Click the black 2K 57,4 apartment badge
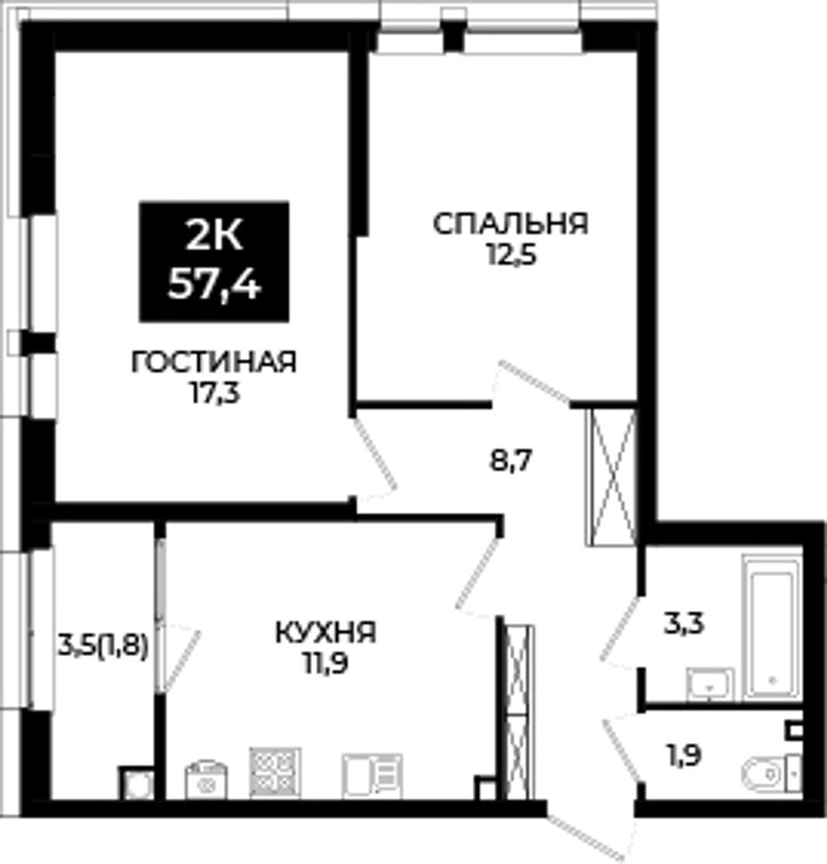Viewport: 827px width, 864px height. click(214, 261)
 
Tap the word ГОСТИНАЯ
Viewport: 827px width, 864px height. click(214, 363)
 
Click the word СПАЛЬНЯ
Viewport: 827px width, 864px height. click(510, 224)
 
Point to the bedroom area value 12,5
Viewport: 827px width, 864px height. click(510, 256)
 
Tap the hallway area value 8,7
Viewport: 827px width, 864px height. click(510, 460)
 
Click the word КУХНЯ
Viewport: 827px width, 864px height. click(326, 633)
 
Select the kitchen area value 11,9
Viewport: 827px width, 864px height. click(325, 664)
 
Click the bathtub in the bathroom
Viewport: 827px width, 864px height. click(772, 628)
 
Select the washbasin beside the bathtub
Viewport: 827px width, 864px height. click(710, 685)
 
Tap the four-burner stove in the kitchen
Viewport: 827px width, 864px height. click(275, 772)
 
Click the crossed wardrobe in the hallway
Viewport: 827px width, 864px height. click(610, 477)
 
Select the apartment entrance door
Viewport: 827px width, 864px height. click(591, 827)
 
